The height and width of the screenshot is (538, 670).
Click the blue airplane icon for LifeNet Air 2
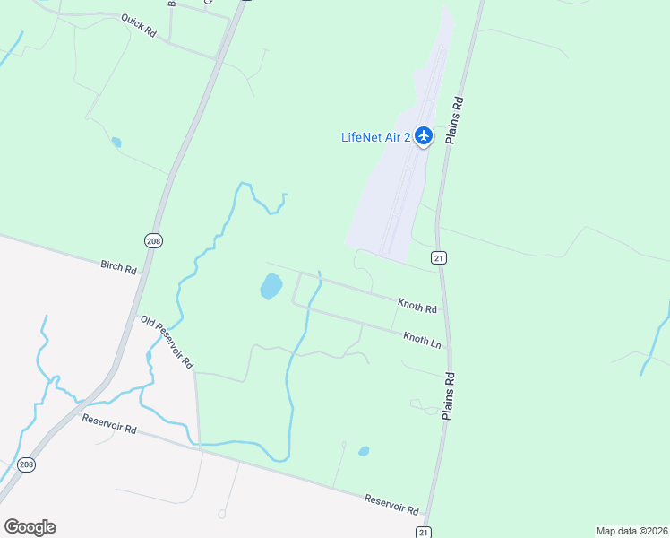coord(424,137)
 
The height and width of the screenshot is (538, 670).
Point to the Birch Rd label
coord(118,267)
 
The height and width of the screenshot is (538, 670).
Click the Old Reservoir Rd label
coord(167,343)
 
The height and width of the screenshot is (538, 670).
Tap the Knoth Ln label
coord(423,339)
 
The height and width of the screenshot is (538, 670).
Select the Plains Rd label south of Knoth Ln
coord(450,396)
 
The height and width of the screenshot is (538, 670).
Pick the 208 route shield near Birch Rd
coord(152,239)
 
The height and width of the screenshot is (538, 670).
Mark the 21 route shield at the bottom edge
coord(424,532)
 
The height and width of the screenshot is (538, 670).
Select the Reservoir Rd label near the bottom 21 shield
coord(391,504)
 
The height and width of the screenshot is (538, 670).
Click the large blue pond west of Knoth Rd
coord(271,287)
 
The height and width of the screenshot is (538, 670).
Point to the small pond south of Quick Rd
coord(116,143)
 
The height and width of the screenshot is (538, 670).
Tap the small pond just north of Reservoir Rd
coord(364,451)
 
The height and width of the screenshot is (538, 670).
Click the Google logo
coord(30,526)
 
